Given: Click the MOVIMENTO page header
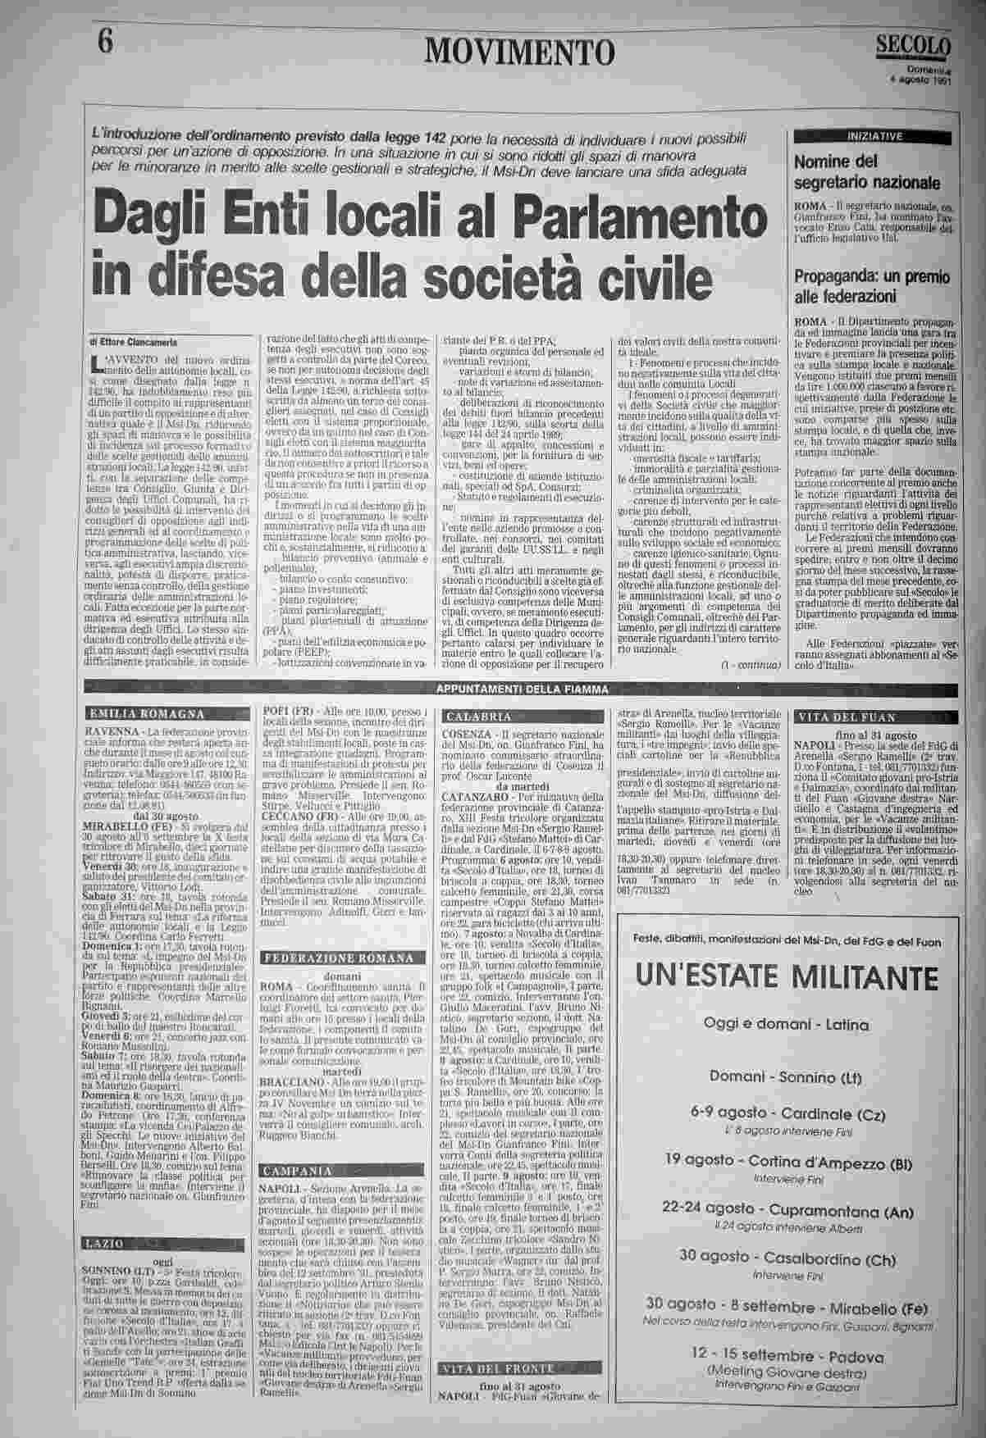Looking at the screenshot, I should coord(519,52).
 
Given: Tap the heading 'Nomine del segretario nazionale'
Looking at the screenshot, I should coord(867,171).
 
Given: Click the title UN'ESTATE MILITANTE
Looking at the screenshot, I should coord(786,977).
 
